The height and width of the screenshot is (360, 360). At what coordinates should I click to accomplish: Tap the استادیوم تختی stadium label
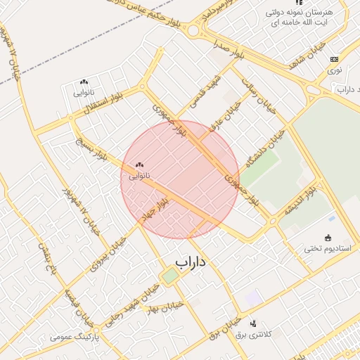tap(328, 248)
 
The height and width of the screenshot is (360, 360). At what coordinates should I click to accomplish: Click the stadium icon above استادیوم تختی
tap(328, 238)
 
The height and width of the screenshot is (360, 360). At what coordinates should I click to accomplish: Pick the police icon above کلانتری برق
tap(253, 323)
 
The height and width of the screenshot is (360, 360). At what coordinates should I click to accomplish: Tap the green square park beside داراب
tap(170, 276)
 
